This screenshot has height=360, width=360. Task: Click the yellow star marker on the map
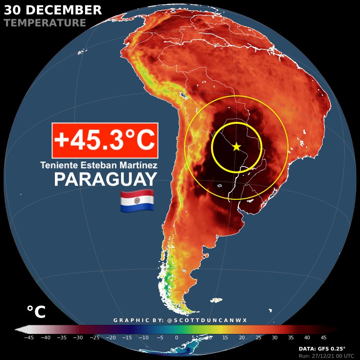coord(236,146)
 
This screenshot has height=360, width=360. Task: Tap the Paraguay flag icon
coord(137,201)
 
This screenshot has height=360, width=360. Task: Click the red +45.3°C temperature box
coord(105,140)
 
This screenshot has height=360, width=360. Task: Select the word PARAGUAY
coord(105,180)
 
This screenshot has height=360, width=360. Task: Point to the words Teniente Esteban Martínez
coord(99,165)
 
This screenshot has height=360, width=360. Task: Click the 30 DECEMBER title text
coord(53,10)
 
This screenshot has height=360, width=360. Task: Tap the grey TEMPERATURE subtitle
coord(45,22)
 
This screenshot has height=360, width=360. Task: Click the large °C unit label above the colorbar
coord(36,312)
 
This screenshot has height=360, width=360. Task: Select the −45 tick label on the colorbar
coord(29,337)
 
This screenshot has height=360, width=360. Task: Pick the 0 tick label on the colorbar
coord(176,337)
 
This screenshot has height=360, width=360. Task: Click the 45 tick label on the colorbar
coord(324,337)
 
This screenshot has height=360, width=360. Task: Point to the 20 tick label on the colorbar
coord(242,337)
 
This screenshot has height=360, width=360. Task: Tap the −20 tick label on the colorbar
coord(111,337)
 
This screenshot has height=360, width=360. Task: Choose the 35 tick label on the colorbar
coord(291,337)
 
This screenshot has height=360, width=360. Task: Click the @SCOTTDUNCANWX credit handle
coord(207,320)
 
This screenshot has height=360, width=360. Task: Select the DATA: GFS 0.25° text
coord(322,349)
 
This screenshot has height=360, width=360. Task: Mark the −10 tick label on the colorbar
coord(144,337)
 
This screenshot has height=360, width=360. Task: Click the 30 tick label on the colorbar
coord(274,337)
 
